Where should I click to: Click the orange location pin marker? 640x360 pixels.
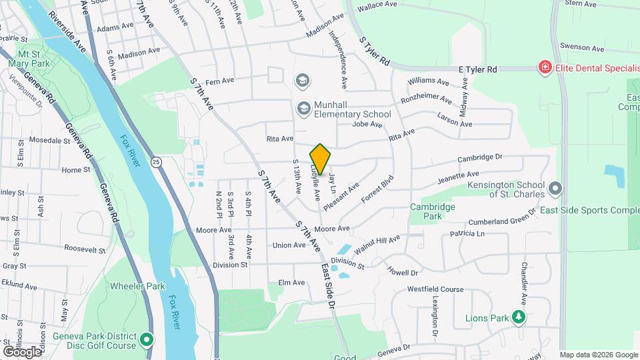click(320, 159)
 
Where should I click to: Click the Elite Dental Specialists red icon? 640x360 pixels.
click(545, 68)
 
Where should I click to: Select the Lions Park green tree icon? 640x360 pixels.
click(518, 317)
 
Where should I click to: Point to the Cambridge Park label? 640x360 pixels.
click(432, 211)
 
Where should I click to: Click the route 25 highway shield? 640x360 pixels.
click(156, 161)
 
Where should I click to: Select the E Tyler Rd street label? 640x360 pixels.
click(477, 69)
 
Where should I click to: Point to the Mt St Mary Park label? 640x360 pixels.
click(34, 59)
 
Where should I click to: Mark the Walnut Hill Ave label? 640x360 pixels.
click(377, 244)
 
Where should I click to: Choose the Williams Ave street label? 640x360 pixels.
click(429, 81)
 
